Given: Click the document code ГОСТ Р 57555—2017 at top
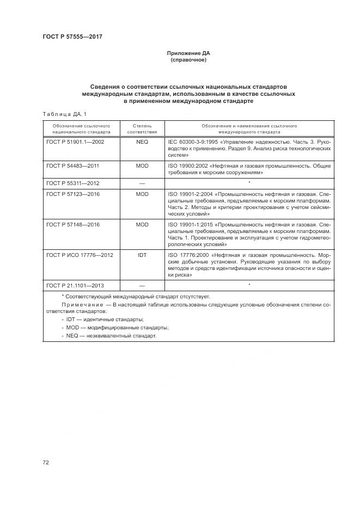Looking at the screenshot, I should [x=72, y=36].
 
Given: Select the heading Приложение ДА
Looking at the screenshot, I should [x=188, y=53].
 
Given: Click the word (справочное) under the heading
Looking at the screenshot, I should [x=188, y=60].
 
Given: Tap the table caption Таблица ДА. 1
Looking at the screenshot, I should [x=64, y=113].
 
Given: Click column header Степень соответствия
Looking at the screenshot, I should [x=142, y=128].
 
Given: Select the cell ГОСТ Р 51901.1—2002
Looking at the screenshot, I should [x=75, y=141].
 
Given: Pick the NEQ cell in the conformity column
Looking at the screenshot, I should [x=142, y=141].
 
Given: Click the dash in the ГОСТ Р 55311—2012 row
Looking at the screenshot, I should [x=142, y=183].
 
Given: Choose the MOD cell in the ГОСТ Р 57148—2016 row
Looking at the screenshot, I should [x=142, y=224].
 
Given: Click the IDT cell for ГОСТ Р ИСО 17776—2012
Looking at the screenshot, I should [x=142, y=255].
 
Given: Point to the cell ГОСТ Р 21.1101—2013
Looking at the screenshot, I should [x=75, y=285].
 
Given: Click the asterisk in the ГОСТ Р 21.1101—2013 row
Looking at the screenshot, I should [x=249, y=285].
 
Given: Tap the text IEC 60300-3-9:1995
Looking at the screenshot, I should [x=193, y=141].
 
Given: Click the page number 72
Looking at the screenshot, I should [x=46, y=462].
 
